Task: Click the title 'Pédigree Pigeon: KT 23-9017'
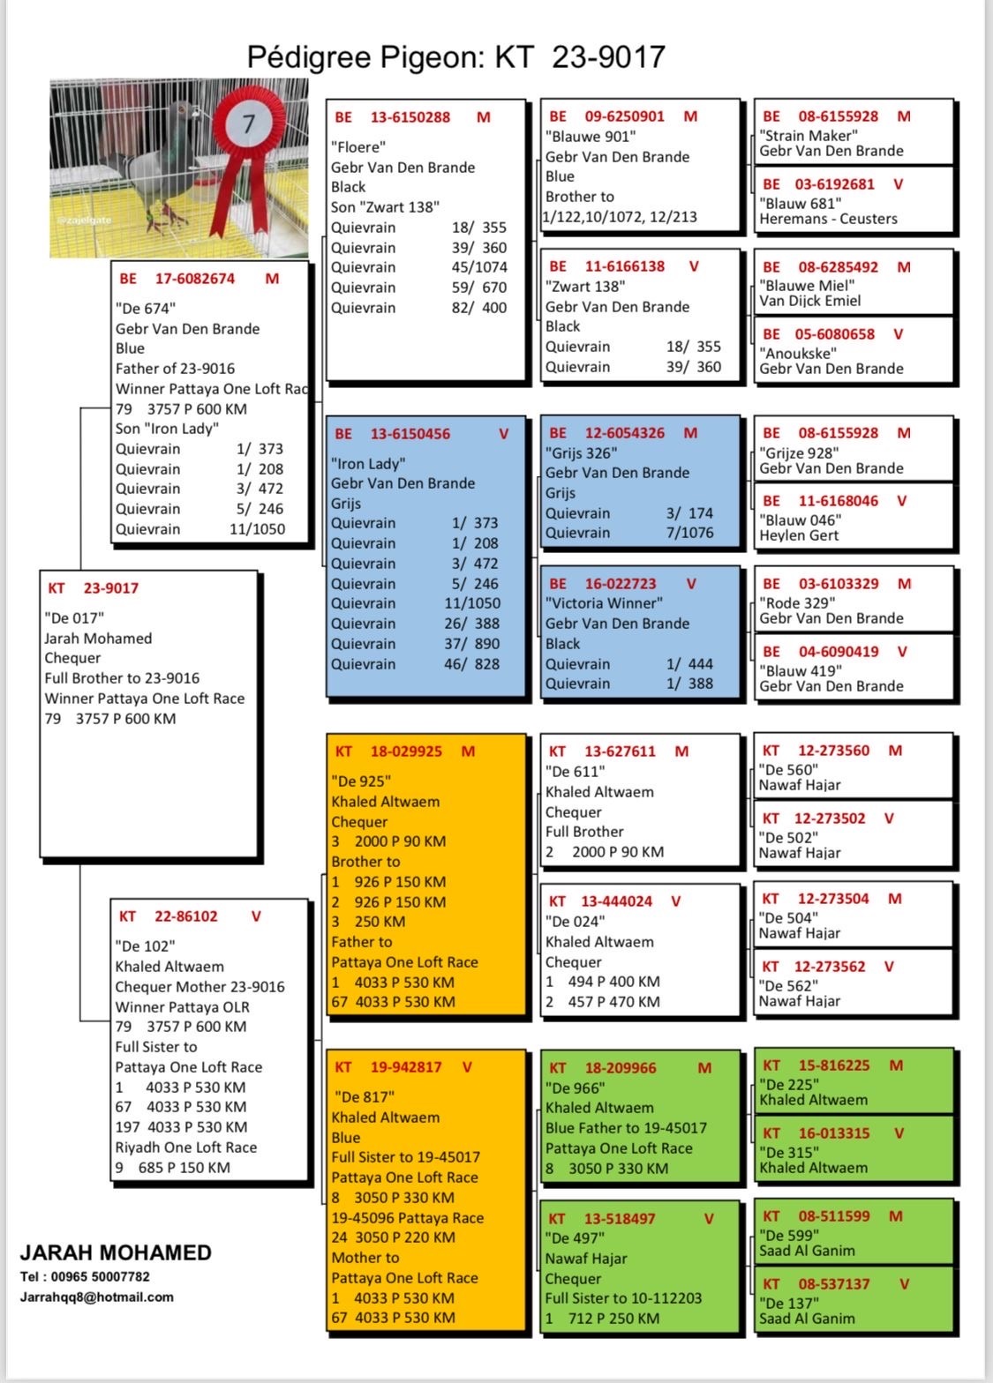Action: (455, 56)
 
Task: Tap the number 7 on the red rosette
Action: (248, 123)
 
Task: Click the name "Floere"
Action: (358, 147)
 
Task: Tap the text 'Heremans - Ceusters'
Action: (828, 219)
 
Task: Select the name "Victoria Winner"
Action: (604, 603)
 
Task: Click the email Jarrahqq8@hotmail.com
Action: (97, 1297)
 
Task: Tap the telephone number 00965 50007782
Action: (100, 1276)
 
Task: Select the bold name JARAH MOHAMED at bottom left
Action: (116, 1252)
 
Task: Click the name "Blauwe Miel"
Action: (807, 286)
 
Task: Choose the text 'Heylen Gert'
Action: (799, 535)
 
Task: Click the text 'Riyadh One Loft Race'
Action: (186, 1148)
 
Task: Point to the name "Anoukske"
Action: (798, 354)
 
